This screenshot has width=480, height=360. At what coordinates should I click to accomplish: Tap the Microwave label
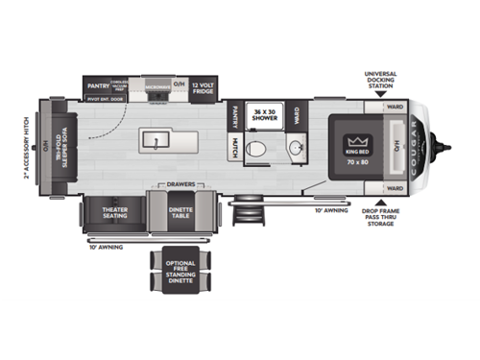[x=156, y=86]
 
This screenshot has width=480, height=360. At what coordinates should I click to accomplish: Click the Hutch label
[x=234, y=147]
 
